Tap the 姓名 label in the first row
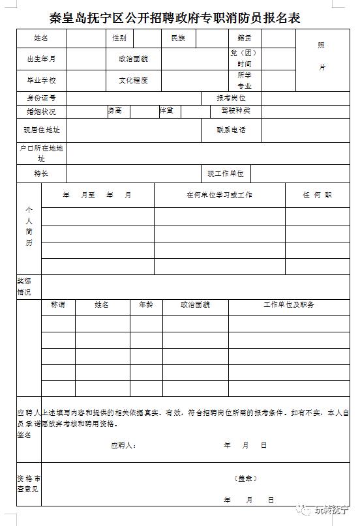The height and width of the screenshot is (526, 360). pyautogui.click(x=41, y=38)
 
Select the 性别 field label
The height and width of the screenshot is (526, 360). pyautogui.click(x=119, y=38)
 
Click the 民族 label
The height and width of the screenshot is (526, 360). pyautogui.click(x=178, y=38)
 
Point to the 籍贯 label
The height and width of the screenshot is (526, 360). pyautogui.click(x=245, y=38)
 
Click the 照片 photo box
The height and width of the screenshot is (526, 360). pyautogui.click(x=322, y=57)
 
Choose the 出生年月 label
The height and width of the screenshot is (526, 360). pyautogui.click(x=41, y=59)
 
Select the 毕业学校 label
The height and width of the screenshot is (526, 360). pyautogui.click(x=41, y=81)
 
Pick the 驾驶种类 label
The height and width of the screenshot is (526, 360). pyautogui.click(x=235, y=111)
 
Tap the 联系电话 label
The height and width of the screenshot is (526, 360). pyautogui.click(x=231, y=130)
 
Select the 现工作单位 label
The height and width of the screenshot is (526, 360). pyautogui.click(x=225, y=174)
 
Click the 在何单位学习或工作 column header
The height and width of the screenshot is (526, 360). pyautogui.click(x=219, y=195)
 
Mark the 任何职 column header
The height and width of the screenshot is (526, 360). pyautogui.click(x=317, y=195)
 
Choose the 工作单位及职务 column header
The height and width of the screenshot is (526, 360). pyautogui.click(x=289, y=304)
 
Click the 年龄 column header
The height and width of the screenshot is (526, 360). pyautogui.click(x=145, y=304)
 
